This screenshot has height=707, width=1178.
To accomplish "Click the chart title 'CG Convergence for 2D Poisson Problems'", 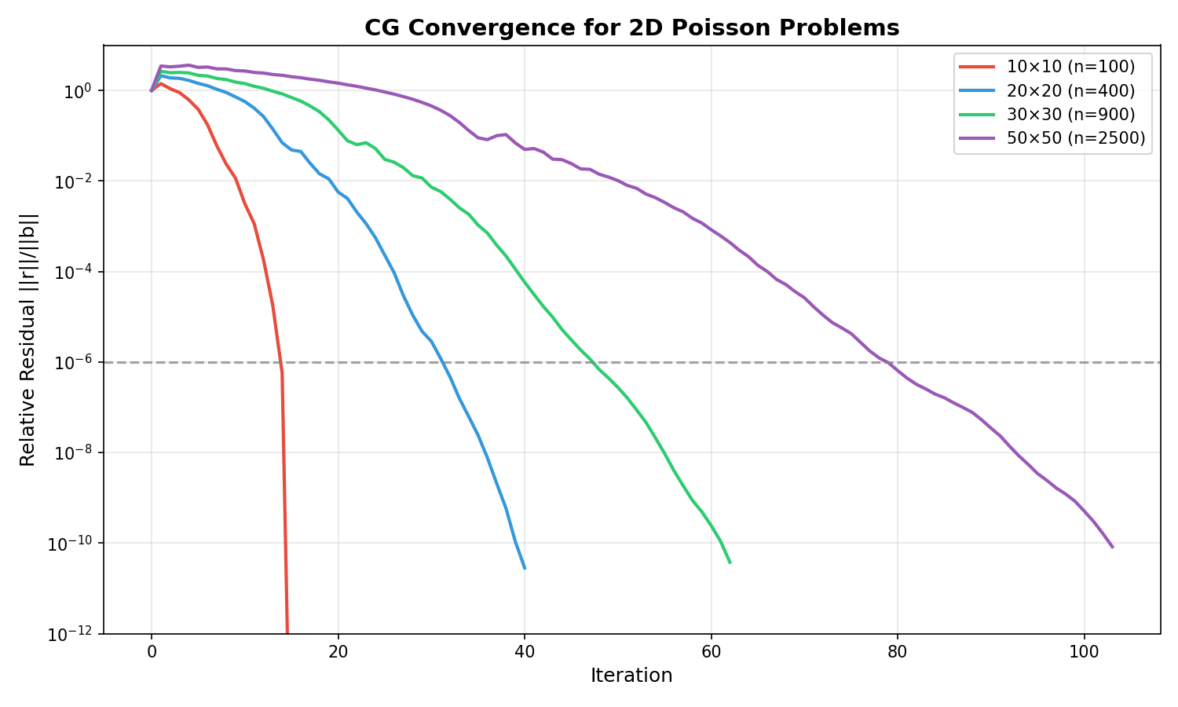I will click(631, 28).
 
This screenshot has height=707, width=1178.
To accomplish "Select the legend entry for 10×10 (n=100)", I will click(1070, 67).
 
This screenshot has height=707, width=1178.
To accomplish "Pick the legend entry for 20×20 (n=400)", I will click(1070, 90).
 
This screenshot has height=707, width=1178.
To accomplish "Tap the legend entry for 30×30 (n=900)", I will click(1070, 114).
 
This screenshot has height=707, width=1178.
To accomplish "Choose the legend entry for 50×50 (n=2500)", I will click(1076, 138).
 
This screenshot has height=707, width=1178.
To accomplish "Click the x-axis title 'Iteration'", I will click(631, 676).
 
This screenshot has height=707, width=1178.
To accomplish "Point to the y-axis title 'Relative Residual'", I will click(28, 339).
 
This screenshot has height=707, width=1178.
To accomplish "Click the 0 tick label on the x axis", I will click(152, 651).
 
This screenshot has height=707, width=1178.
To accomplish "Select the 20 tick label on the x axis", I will click(338, 651).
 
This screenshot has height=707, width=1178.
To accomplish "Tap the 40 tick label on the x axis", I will click(525, 651).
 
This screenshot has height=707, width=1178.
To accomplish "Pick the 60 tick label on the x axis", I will click(711, 651).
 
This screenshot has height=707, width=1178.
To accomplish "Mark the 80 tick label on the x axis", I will click(898, 651).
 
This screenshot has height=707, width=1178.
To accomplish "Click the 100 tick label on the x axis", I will click(1084, 651).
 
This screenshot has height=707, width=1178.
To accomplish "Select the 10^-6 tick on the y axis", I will click(75, 362).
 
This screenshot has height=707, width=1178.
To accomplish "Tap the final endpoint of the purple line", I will click(1112, 547).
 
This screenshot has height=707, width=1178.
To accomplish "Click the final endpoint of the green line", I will click(730, 562).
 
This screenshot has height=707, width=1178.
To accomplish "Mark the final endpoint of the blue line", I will click(525, 568).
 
